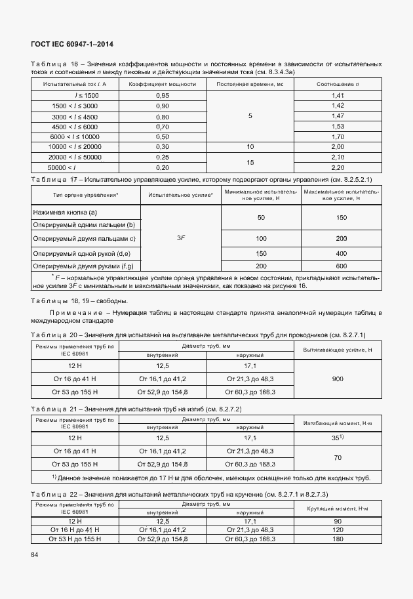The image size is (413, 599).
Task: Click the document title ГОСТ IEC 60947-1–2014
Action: click(72, 44)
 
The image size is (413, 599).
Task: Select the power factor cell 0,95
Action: click(163, 95)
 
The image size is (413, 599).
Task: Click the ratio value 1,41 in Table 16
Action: click(338, 95)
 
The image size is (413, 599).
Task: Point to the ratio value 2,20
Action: click(338, 167)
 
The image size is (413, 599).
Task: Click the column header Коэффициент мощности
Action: click(163, 84)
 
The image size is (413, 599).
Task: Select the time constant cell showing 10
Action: click(250, 147)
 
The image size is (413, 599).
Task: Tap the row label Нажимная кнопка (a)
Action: click(65, 212)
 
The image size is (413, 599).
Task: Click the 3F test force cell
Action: click(181, 238)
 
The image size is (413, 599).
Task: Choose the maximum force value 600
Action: click(341, 266)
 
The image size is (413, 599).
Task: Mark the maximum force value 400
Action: click(341, 253)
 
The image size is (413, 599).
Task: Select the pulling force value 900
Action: click(338, 379)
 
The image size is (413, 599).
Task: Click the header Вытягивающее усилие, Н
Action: click(338, 350)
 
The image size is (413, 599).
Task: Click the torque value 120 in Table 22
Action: click(338, 529)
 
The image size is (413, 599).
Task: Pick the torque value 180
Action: click(338, 539)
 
